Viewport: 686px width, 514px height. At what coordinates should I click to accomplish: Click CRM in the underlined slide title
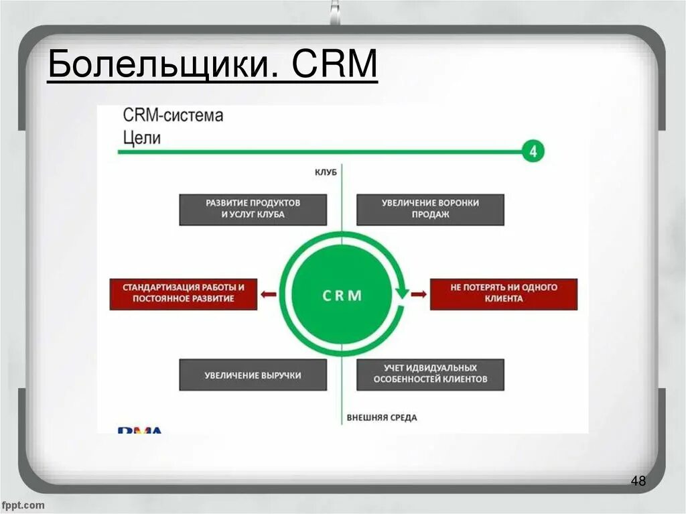pos(334,68)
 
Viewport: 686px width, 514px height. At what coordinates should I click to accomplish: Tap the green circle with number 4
pos(533,151)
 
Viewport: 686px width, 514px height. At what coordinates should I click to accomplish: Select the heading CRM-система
pos(173,115)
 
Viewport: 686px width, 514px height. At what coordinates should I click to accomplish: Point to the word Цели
pos(142,138)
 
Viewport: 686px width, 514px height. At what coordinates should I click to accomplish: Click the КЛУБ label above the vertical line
pos(326,172)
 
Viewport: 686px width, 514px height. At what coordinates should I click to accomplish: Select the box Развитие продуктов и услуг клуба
pos(253,209)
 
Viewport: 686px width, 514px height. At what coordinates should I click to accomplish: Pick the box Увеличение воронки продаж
pos(430,209)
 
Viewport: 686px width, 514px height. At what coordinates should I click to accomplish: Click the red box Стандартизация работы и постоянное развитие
pos(183,293)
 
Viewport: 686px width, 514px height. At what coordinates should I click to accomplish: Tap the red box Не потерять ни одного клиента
pos(503,293)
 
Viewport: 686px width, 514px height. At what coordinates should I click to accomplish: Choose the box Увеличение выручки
pos(253,375)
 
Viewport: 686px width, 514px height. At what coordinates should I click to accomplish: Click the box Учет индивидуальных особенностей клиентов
pos(430,375)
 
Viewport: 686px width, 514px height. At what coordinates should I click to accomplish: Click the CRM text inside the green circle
pos(342,295)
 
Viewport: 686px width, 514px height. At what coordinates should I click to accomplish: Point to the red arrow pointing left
pos(269,294)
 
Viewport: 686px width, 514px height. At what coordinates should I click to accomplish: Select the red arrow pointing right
pos(418,294)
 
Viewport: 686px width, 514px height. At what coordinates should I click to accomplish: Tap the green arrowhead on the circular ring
pos(401,292)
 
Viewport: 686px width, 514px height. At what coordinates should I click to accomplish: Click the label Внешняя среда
pos(381,417)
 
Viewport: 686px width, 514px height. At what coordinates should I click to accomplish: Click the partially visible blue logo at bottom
pos(140,430)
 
